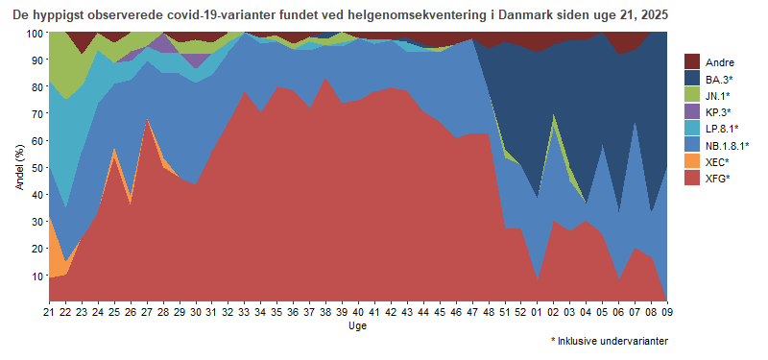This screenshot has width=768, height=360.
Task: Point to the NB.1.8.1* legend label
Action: pos(727,145)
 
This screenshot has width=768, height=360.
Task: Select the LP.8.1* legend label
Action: pos(721,128)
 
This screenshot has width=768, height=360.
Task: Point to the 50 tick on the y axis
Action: pos(37,167)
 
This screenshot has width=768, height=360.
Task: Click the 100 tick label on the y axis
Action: pos(35,33)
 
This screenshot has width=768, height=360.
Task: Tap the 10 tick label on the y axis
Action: pos(37,276)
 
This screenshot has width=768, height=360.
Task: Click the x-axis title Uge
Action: pos(357,326)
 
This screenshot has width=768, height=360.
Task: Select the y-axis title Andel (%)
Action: pos(19,166)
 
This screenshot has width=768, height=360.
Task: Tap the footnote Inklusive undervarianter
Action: pos(613,341)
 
